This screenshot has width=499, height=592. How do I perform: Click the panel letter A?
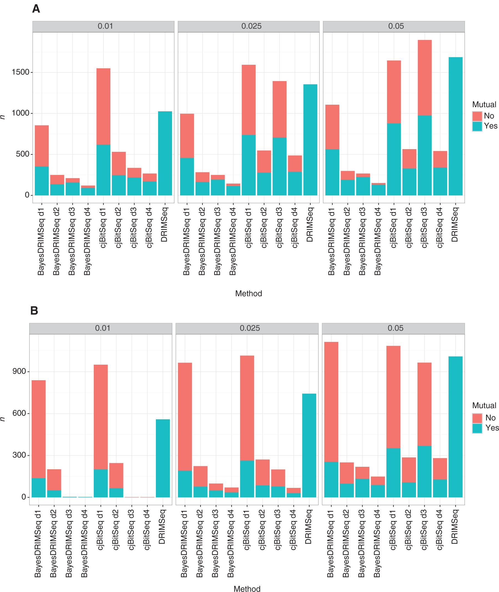click(x=36, y=9)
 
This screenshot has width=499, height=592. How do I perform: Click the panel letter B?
click(x=34, y=311)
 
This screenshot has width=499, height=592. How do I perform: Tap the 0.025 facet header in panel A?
click(x=251, y=26)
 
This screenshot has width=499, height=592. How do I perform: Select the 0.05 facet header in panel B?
click(x=395, y=328)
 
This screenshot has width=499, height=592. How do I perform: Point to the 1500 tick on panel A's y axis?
click(x=21, y=72)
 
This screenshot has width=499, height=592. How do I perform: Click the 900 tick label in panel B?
click(x=19, y=371)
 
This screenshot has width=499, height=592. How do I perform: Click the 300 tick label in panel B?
click(x=19, y=455)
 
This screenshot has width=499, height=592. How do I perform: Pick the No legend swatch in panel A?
click(x=477, y=116)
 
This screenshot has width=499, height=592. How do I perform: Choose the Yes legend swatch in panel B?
click(x=477, y=428)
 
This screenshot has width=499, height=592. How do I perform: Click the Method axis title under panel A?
click(x=248, y=293)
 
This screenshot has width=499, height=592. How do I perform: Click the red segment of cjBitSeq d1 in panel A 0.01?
click(x=103, y=106)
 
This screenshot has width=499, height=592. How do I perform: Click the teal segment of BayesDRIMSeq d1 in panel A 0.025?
click(x=187, y=176)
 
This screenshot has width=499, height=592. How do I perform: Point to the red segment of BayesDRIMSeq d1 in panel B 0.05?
click(x=331, y=402)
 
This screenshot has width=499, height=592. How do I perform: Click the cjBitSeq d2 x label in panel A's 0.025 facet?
click(x=264, y=228)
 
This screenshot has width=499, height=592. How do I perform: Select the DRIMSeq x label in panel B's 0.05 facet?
click(x=454, y=526)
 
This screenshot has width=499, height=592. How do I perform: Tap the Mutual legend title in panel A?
click(x=484, y=104)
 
